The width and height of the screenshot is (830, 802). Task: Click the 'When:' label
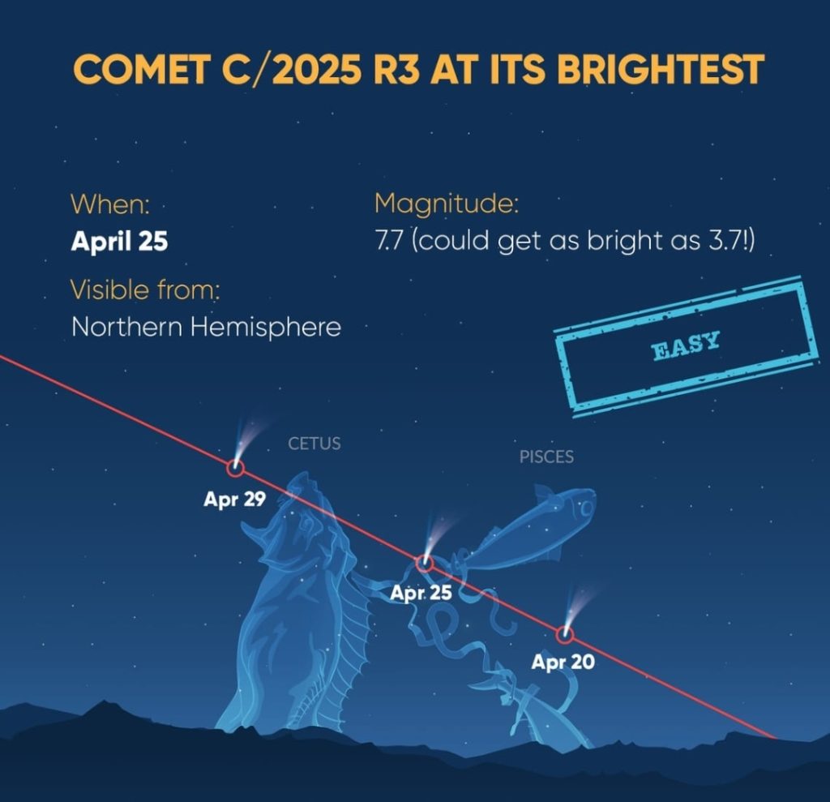point(110,204)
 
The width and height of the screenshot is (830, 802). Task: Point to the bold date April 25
point(119,241)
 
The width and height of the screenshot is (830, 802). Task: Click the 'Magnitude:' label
point(447,204)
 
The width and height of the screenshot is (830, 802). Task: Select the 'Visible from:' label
point(145,289)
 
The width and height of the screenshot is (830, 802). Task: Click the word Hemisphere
point(265,327)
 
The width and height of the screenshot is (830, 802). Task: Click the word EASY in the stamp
point(686,345)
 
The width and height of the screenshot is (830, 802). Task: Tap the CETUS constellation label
point(314,444)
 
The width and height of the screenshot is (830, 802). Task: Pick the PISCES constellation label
point(546,457)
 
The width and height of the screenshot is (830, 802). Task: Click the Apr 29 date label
point(234,499)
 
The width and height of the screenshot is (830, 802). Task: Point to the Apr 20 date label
point(563,662)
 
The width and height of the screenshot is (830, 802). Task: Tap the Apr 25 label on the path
point(421,593)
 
